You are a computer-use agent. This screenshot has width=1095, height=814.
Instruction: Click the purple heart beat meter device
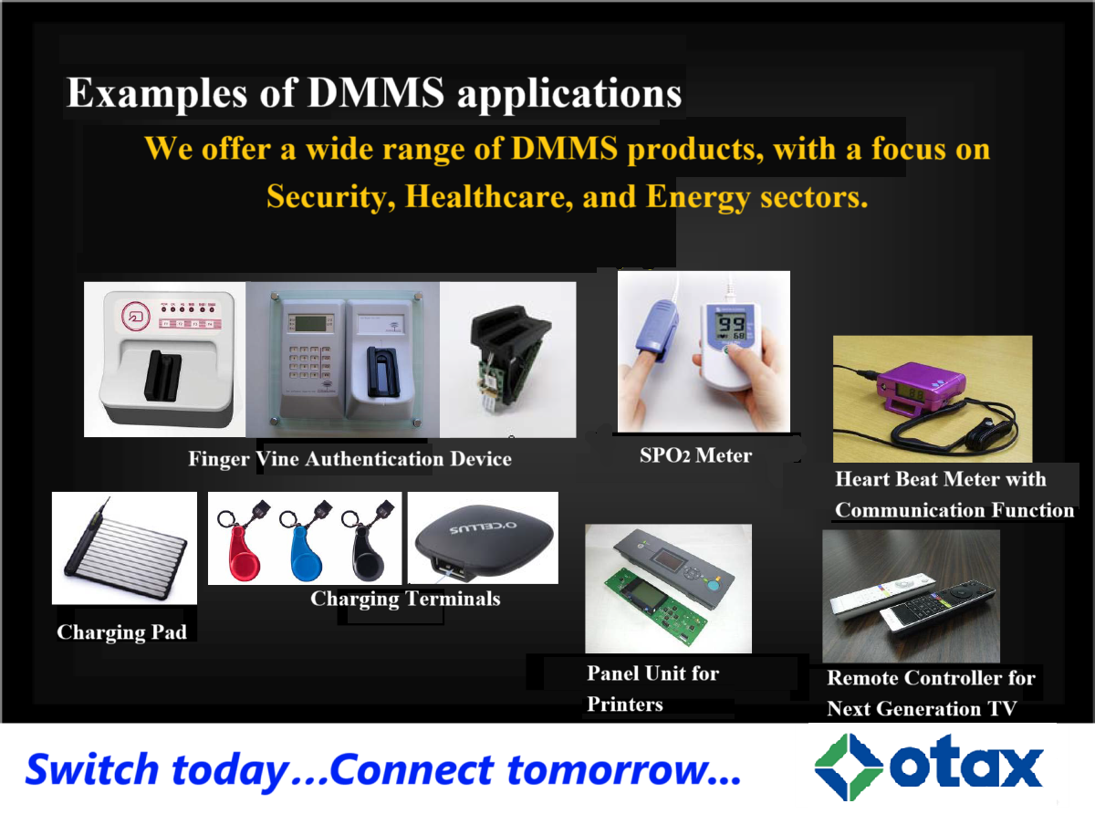click(922, 391)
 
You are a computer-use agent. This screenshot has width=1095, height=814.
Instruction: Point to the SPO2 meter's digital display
click(731, 326)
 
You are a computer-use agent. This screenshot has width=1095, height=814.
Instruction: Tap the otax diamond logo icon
click(849, 767)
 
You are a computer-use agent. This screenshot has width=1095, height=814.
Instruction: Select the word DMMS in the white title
click(376, 92)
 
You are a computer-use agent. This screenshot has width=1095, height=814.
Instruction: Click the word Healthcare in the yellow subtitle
click(489, 196)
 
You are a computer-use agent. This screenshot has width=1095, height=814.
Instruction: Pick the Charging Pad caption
click(122, 631)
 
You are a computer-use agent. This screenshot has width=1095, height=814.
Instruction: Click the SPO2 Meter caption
click(695, 455)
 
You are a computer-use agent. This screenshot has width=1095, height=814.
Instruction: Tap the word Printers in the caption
click(625, 704)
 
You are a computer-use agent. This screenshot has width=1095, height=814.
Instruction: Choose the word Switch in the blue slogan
click(92, 769)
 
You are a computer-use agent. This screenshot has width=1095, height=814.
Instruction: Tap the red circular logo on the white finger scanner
click(136, 316)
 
